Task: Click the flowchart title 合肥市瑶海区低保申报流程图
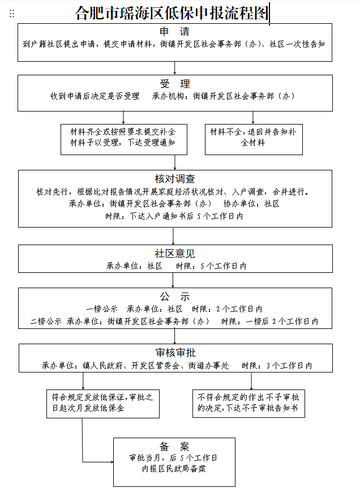click(x=172, y=13)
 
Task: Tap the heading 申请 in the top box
click(x=174, y=32)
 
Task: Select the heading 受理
click(x=175, y=83)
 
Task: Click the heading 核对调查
click(x=175, y=179)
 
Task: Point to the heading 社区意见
click(x=175, y=253)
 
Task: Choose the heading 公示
click(x=175, y=297)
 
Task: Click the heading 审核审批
click(x=175, y=353)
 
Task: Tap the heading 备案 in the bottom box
click(x=174, y=447)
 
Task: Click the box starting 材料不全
click(x=254, y=139)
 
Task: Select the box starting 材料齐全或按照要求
click(x=124, y=139)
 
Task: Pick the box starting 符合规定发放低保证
click(x=103, y=404)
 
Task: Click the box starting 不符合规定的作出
click(x=248, y=404)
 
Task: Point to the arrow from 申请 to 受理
click(x=174, y=68)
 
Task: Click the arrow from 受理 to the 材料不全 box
click(x=252, y=118)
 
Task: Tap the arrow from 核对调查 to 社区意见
click(x=173, y=236)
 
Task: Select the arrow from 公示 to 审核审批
click(x=174, y=336)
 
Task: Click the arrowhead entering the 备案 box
click(x=112, y=462)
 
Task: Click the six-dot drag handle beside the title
click(x=12, y=14)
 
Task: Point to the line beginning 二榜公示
click(x=174, y=321)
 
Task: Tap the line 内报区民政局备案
click(x=174, y=469)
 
